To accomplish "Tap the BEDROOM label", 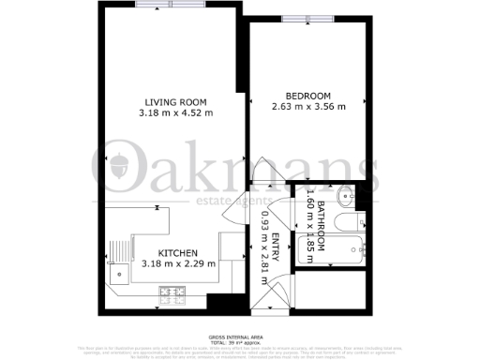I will pyautogui.click(x=308, y=97).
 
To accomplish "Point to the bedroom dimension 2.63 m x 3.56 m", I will pyautogui.click(x=308, y=107).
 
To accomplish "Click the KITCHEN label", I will pyautogui.click(x=177, y=253).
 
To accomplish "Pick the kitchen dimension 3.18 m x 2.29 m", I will pyautogui.click(x=177, y=263).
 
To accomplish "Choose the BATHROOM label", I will pyautogui.click(x=322, y=225).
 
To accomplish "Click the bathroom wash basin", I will pyautogui.click(x=343, y=199).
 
